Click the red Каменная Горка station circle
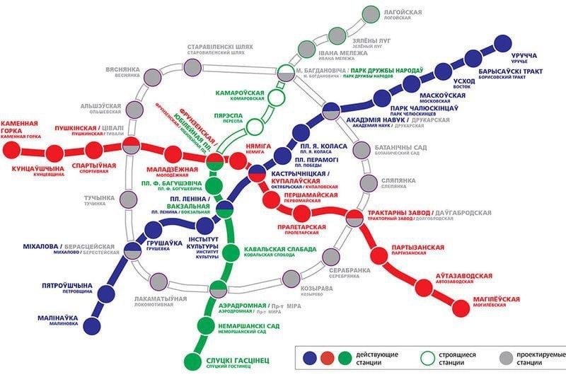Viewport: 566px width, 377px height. (x=11, y=149)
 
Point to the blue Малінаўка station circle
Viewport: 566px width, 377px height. (x=92, y=326)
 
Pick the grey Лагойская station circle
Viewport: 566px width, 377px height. (x=370, y=14)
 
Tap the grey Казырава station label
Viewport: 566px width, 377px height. (x=316, y=289)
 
